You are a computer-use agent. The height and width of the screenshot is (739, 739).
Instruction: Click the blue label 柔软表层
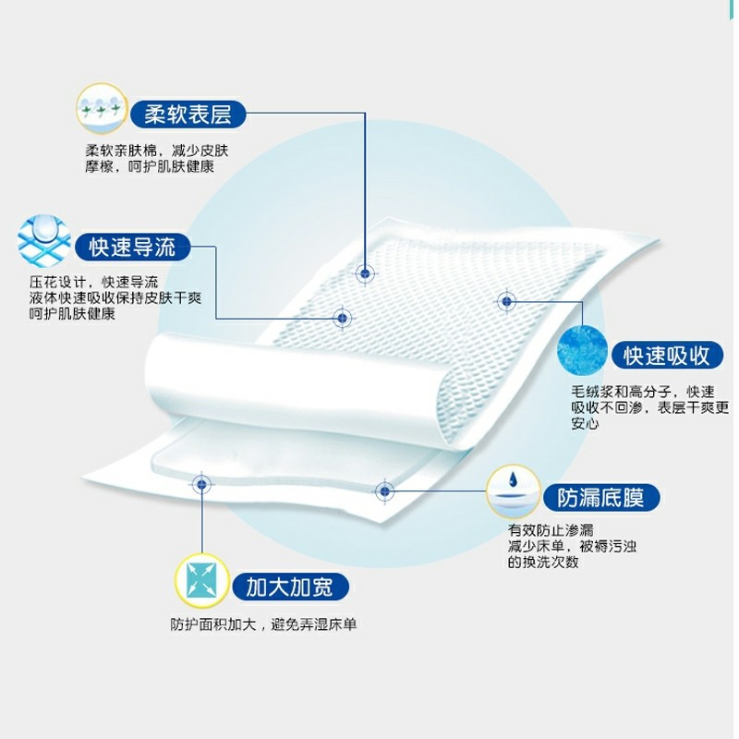click(x=188, y=114)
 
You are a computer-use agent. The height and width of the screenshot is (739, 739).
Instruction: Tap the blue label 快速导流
click(x=132, y=247)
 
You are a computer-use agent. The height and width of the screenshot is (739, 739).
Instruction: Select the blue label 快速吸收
click(x=667, y=356)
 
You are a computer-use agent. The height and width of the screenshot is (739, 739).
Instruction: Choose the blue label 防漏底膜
click(x=601, y=497)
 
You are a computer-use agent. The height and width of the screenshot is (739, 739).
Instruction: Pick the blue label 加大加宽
click(x=290, y=587)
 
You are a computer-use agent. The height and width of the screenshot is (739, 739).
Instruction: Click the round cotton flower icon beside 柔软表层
click(x=102, y=108)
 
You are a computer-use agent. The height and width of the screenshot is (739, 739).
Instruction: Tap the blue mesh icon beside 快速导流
click(x=43, y=241)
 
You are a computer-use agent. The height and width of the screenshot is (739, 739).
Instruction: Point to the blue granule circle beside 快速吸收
click(x=582, y=350)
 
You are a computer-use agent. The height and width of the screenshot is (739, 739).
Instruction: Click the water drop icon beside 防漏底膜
click(x=513, y=491)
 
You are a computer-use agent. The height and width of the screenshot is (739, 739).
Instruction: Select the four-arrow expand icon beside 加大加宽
click(x=201, y=580)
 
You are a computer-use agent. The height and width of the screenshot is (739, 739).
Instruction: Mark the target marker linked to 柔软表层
click(x=365, y=273)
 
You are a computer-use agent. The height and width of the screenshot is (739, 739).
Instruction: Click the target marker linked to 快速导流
click(x=343, y=318)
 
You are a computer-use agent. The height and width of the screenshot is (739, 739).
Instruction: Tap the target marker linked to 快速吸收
click(x=506, y=301)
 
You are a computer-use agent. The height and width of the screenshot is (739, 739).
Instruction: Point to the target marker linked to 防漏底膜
click(x=384, y=491)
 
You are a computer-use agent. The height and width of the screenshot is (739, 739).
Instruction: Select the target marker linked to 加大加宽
click(x=201, y=483)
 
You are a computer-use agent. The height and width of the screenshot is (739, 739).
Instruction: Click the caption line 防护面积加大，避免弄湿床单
click(x=263, y=624)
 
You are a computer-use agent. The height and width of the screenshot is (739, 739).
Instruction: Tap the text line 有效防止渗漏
click(x=551, y=530)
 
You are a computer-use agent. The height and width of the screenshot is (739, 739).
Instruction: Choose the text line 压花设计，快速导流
click(x=93, y=283)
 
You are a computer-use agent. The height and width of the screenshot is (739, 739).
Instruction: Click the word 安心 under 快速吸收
click(x=585, y=423)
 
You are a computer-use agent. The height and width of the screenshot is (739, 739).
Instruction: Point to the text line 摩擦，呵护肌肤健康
click(x=150, y=166)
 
